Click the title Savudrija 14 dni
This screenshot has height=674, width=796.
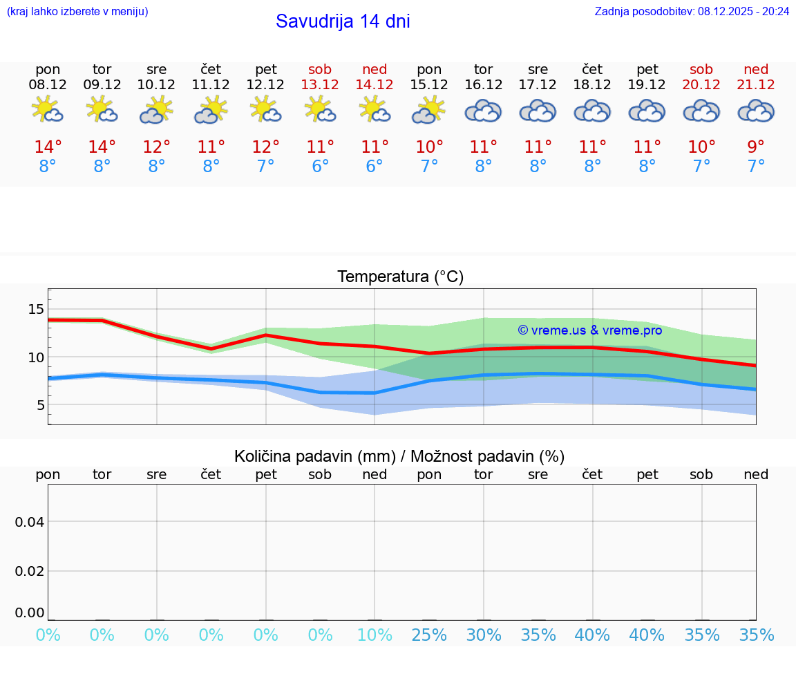(x=343, y=21)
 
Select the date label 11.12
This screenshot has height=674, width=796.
(x=211, y=85)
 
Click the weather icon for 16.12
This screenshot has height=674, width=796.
(x=483, y=111)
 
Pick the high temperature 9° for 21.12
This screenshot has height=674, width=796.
(x=756, y=147)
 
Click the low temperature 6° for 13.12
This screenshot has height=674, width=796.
(x=320, y=166)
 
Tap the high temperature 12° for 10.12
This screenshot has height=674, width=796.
(x=157, y=147)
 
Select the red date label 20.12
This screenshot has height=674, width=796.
(x=701, y=85)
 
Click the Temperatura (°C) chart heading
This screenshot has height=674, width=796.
(x=400, y=277)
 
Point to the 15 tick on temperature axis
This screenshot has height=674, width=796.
(x=36, y=309)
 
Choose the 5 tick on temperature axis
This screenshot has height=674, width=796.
(x=41, y=405)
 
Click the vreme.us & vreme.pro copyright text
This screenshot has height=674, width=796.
(x=590, y=330)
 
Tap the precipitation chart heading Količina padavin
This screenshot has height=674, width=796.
(x=399, y=456)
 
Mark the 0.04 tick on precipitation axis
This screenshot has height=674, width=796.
(x=30, y=522)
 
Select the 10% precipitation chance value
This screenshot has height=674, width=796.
(x=375, y=635)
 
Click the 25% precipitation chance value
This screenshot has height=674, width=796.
(x=429, y=635)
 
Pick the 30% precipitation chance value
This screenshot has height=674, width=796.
(x=483, y=635)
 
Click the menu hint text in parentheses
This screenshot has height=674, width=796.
(x=77, y=11)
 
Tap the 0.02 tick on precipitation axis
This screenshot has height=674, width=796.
(x=30, y=571)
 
